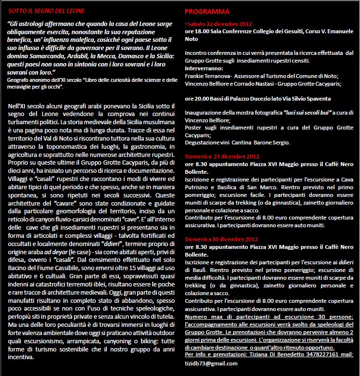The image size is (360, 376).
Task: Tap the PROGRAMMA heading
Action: coord(207,11)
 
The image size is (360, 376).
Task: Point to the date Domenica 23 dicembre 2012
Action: coord(222,156)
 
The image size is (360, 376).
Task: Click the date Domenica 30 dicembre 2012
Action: coord(222,238)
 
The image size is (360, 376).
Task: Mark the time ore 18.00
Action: coord(198,31)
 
